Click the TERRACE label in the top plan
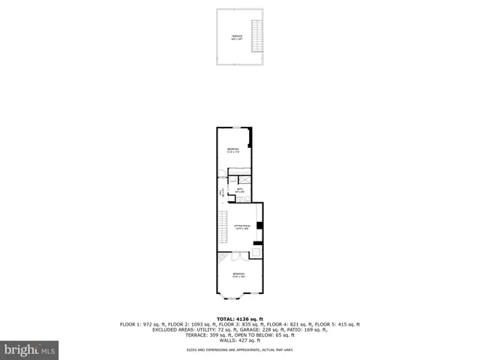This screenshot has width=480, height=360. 236,37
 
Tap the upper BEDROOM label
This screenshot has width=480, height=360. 233,151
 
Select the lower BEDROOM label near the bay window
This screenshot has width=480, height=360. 238,274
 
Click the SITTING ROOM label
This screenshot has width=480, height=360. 241,226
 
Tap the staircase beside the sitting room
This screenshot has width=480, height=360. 221,227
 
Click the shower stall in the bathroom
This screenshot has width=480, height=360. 244,180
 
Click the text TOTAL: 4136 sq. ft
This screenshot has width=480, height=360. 240,319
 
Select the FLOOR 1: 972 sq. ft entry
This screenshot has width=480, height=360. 144,324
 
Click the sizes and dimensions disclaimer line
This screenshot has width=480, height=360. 240,350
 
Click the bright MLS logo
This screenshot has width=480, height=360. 30,349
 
